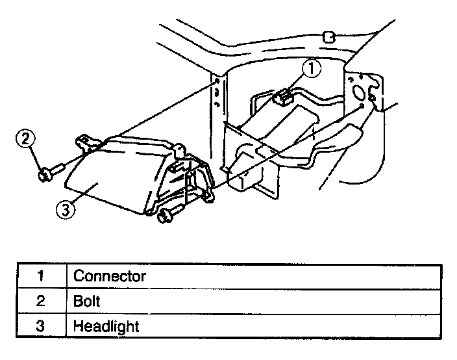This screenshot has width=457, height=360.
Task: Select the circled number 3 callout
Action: pos(63,209)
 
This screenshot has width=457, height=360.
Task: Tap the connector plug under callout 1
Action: pos(282,99)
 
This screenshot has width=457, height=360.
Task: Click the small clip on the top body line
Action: pos(328,36)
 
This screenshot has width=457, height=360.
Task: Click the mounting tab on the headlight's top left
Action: pos(84,139)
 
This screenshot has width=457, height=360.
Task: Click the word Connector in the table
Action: pos(110,276)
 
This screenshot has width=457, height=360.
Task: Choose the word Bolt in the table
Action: pos(87,301)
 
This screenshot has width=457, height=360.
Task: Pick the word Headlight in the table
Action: pos(106,326)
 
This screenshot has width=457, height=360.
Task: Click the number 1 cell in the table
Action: pos(40,276)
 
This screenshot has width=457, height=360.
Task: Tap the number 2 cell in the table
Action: pos(40,301)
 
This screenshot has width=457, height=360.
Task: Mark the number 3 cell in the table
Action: pos(40,326)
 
